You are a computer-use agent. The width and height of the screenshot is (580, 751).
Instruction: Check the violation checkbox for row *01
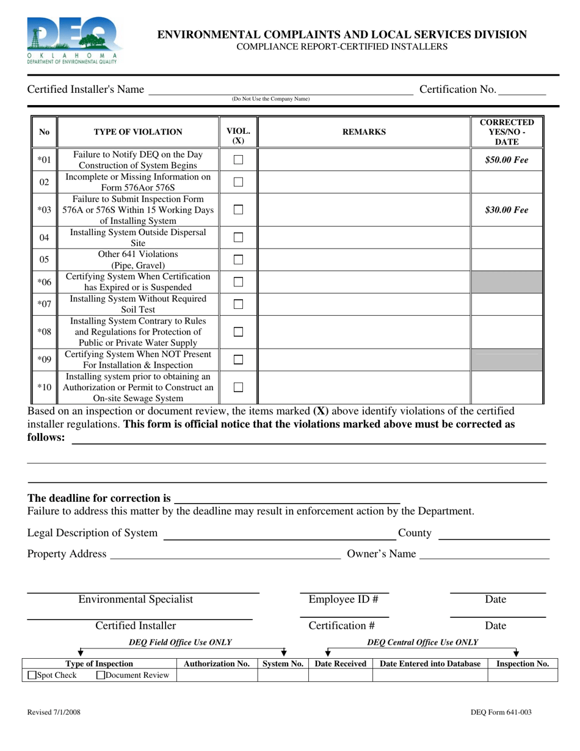[239, 160]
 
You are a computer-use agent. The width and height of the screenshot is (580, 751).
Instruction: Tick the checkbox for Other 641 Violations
[239, 259]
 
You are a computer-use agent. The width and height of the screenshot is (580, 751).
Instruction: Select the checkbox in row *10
[239, 387]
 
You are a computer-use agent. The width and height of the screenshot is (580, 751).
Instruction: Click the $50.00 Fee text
[506, 160]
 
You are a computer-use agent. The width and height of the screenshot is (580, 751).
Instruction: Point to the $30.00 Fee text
[506, 210]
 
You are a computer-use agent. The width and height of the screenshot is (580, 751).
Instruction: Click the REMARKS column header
[364, 132]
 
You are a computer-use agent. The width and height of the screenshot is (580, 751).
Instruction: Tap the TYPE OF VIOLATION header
[138, 132]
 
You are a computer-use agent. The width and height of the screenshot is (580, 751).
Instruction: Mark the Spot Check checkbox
[32, 675]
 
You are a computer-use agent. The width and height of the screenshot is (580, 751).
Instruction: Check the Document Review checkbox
[101, 675]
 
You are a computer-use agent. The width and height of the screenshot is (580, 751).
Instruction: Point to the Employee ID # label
[343, 600]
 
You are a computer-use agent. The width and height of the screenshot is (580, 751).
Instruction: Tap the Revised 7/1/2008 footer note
[54, 712]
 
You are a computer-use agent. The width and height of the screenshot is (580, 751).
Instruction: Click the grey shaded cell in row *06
[506, 282]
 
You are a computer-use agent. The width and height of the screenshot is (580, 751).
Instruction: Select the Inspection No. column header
[523, 664]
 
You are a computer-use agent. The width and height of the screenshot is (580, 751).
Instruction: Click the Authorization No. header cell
[217, 664]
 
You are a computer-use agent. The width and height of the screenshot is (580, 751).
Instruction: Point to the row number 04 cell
[44, 238]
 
